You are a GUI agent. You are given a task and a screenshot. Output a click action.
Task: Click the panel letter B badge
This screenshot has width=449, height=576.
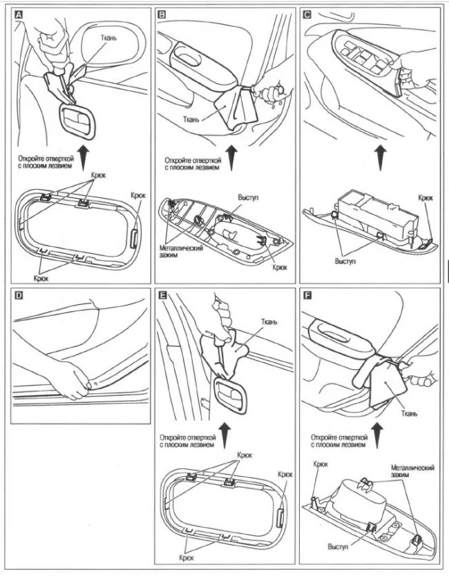click(x=162, y=14)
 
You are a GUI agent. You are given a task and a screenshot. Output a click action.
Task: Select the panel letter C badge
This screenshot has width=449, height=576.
click(x=307, y=14)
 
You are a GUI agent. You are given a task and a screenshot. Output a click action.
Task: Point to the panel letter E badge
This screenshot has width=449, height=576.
click(x=162, y=296)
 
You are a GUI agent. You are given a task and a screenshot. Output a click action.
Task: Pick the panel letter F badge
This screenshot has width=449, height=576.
click(x=307, y=296)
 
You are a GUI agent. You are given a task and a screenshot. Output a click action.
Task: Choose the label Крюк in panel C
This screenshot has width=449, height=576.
click(x=426, y=198)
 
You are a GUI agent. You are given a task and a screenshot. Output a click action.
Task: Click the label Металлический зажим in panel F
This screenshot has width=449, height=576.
click(x=412, y=473)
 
